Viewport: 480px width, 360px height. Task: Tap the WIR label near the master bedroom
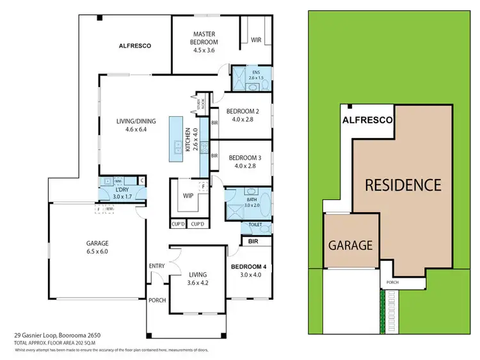click(257, 40)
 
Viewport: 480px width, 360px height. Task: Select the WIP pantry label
click(188, 196)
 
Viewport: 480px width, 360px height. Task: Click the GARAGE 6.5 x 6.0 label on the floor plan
click(98, 247)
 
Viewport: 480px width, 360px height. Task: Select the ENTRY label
click(157, 266)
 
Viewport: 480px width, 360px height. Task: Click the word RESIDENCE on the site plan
click(403, 185)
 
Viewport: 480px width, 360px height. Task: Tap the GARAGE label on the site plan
click(351, 245)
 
